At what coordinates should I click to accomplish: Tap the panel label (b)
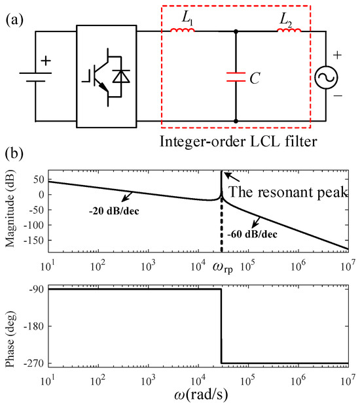(14, 155)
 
